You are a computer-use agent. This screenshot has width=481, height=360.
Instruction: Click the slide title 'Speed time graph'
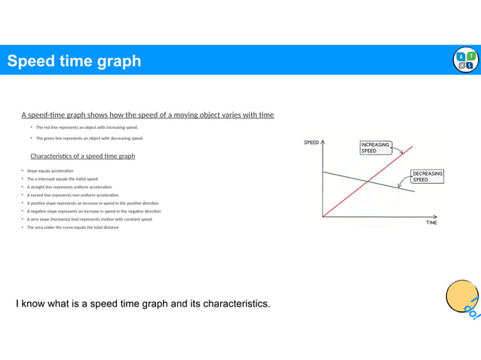[74, 61]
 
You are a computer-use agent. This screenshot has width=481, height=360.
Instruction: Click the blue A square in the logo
[461, 56]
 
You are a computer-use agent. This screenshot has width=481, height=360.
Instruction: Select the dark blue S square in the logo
[470, 66]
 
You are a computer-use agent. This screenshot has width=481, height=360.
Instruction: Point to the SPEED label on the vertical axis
[311, 142]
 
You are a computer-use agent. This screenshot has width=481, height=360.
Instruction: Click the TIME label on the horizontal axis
[430, 223]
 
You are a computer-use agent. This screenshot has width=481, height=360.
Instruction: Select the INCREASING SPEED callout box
[375, 148]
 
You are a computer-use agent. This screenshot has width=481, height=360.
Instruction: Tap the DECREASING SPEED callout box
[427, 176]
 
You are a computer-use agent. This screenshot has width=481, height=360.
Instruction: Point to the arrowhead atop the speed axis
[322, 140]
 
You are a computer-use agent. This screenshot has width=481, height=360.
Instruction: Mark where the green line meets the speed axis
[322, 172]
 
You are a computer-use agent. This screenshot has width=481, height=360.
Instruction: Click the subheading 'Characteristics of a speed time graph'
[83, 156]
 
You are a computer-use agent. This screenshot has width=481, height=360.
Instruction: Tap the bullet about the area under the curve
[72, 227]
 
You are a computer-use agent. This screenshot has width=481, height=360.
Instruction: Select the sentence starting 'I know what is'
[143, 304]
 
